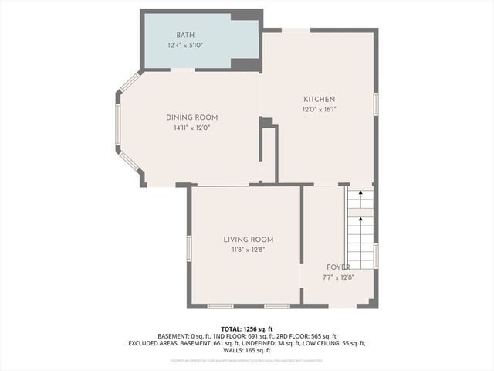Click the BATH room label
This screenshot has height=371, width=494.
[x=185, y=35]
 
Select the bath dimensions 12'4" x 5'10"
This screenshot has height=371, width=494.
[x=185, y=46]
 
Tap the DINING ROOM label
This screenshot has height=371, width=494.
[x=192, y=117]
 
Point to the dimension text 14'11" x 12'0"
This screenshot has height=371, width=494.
[x=192, y=128]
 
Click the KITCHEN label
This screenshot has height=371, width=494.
[x=319, y=99]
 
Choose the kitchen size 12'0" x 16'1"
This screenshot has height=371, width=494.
[x=319, y=109]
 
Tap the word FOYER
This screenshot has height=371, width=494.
[x=337, y=267]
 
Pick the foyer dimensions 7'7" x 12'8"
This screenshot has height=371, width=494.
[x=337, y=277]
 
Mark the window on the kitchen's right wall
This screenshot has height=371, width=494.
[x=376, y=104]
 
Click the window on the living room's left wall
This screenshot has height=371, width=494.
[x=188, y=247]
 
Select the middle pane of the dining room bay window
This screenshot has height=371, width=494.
[x=118, y=124]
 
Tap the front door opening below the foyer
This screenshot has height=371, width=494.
[x=343, y=306]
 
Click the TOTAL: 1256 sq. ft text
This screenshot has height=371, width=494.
[x=247, y=328]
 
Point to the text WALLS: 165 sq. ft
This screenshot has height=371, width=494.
[x=247, y=350]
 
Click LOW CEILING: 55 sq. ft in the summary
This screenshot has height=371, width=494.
[x=333, y=343]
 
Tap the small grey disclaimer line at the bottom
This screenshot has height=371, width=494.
[x=247, y=360]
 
